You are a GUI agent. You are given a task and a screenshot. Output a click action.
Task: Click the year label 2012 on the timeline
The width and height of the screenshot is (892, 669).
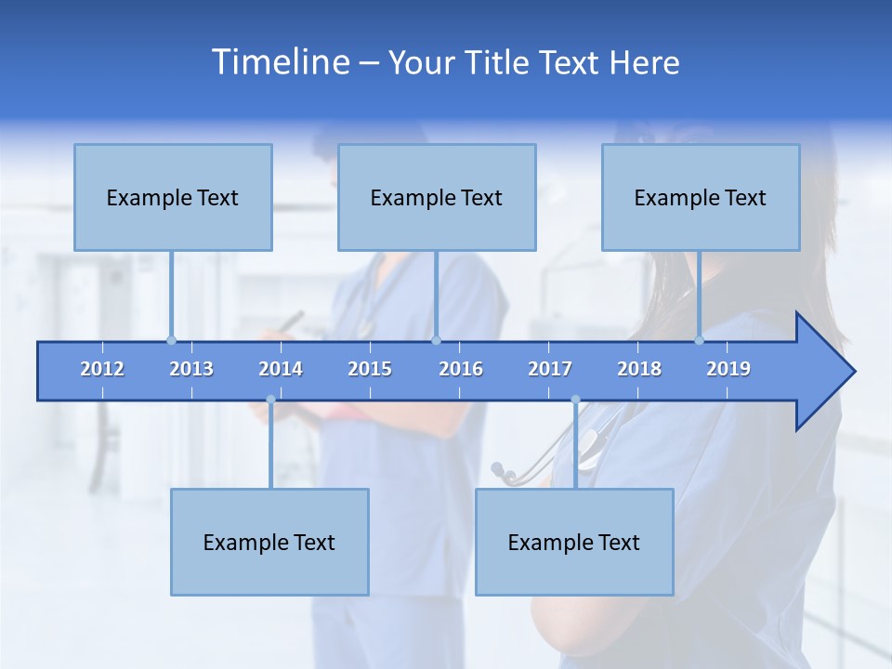click(102, 369)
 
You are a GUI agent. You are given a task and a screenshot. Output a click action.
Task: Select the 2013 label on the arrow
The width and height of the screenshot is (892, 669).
click(191, 369)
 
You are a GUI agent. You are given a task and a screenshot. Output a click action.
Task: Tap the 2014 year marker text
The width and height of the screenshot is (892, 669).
click(281, 369)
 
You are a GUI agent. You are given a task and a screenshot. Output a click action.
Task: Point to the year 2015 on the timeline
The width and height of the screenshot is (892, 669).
click(370, 369)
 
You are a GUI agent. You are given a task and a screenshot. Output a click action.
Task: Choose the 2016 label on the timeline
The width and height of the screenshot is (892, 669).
click(461, 369)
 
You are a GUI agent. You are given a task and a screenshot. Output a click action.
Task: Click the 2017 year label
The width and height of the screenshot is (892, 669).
click(550, 369)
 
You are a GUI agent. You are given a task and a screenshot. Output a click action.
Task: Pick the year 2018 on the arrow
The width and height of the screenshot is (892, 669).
click(639, 369)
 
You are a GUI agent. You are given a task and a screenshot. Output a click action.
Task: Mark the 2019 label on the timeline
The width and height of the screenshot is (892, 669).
click(728, 369)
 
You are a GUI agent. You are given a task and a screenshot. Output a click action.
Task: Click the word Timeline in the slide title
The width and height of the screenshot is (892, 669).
click(280, 62)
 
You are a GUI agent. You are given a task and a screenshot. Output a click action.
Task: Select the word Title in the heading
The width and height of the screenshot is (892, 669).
click(497, 63)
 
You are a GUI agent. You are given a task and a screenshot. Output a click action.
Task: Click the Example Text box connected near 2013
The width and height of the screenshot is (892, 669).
click(173, 197)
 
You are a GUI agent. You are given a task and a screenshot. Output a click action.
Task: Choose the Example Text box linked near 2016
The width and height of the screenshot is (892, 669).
click(437, 197)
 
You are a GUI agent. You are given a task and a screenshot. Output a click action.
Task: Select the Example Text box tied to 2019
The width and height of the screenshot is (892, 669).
click(701, 197)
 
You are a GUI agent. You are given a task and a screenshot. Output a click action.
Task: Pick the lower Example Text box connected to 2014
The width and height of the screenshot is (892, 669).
click(269, 542)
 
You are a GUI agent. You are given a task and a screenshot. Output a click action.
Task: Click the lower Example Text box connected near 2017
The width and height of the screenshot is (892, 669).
click(574, 542)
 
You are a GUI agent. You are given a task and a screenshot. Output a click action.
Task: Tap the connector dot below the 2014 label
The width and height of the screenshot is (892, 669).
click(270, 400)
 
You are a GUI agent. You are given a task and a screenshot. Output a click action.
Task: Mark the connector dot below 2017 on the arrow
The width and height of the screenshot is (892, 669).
click(575, 400)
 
